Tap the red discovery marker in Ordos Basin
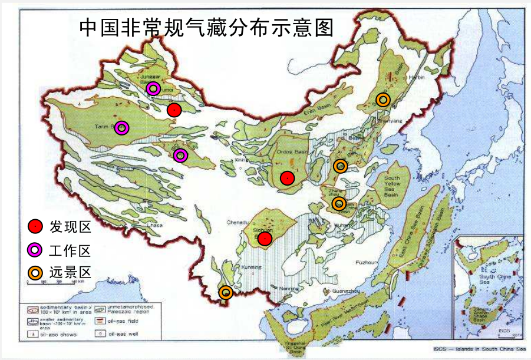click(287, 177)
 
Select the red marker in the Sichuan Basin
click(265, 238)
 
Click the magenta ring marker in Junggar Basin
click(153, 88)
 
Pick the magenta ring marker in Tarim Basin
click(121, 128)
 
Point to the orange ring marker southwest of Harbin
click(383, 99)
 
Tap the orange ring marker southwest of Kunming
click(225, 292)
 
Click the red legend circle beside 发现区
click(35, 226)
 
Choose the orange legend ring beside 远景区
click(35, 272)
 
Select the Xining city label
click(242, 160)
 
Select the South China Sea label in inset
click(494, 279)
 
